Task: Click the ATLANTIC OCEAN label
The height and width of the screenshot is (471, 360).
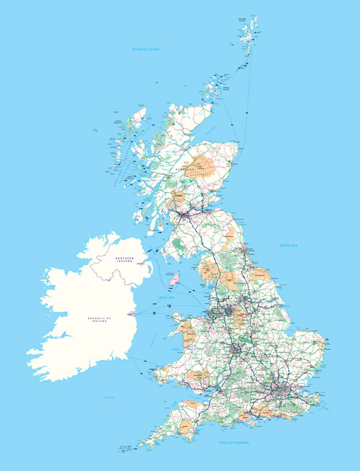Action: (145, 49)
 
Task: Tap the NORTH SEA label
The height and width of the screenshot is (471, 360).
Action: (288, 246)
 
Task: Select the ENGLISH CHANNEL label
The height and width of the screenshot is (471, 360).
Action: (234, 442)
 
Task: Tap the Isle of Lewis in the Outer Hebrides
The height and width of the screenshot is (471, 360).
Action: (136, 118)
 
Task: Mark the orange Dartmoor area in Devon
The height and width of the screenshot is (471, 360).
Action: (186, 429)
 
